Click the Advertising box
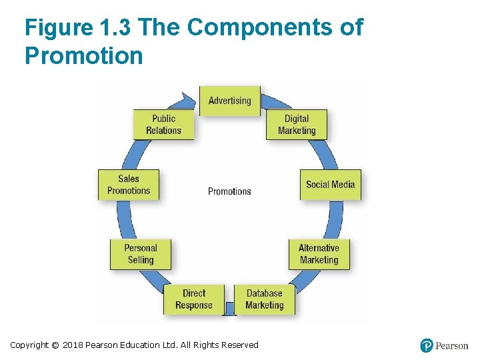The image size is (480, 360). point(230,101)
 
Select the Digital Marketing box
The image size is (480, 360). point(297,124)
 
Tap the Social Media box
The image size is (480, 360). point(330,185)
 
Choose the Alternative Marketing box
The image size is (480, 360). point(319,253)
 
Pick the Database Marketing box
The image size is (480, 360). point(264,299)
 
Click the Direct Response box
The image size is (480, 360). point(194,299)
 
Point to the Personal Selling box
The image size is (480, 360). point(140,253)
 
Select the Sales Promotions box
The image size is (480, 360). point(129,185)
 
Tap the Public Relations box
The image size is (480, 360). point(163,124)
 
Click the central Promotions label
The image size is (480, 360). point(229,191)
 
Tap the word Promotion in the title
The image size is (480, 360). point(83,56)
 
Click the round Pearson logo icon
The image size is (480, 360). point(427,345)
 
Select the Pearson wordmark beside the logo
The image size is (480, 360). point(452,345)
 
